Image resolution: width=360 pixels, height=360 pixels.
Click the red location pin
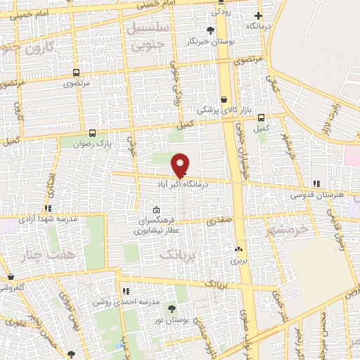(181, 165)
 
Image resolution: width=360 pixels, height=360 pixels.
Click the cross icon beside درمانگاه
(259, 15)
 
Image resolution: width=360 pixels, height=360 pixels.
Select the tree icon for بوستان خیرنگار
(210, 30)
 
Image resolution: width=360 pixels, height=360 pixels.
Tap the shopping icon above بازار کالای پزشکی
(224, 99)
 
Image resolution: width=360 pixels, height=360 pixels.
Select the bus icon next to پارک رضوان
(93, 132)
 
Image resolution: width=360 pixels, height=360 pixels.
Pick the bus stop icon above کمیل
(262, 117)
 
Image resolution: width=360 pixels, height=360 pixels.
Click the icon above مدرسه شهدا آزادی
(48, 208)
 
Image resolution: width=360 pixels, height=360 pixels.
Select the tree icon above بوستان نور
(172, 309)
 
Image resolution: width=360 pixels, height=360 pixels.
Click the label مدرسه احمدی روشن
(126, 302)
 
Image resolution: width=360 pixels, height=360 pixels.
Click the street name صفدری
(218, 219)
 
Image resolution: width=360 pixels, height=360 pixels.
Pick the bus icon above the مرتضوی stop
(76, 72)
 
